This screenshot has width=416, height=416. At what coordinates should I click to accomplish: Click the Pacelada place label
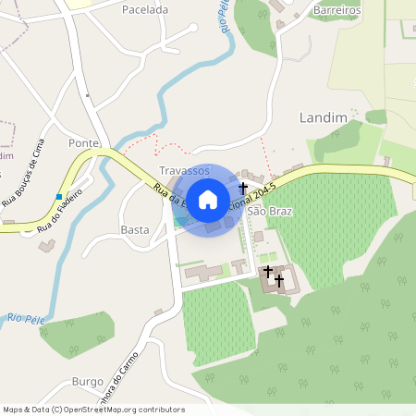pos(145,9)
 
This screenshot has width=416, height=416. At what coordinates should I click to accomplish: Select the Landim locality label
pos(324,117)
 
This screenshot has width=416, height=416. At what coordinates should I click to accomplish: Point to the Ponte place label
pos(83,142)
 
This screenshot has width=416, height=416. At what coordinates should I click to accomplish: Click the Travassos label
pos(184,171)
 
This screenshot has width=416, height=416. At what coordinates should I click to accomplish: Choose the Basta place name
pos(135,229)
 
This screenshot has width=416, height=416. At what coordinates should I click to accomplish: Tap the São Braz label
pos(270,212)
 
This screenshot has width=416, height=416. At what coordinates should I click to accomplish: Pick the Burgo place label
pos(88,381)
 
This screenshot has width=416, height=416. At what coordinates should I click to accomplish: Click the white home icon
pos(208,199)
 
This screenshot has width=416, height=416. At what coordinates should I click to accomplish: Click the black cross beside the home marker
pos(243,188)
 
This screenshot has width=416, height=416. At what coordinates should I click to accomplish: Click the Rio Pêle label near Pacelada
pos(226,18)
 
